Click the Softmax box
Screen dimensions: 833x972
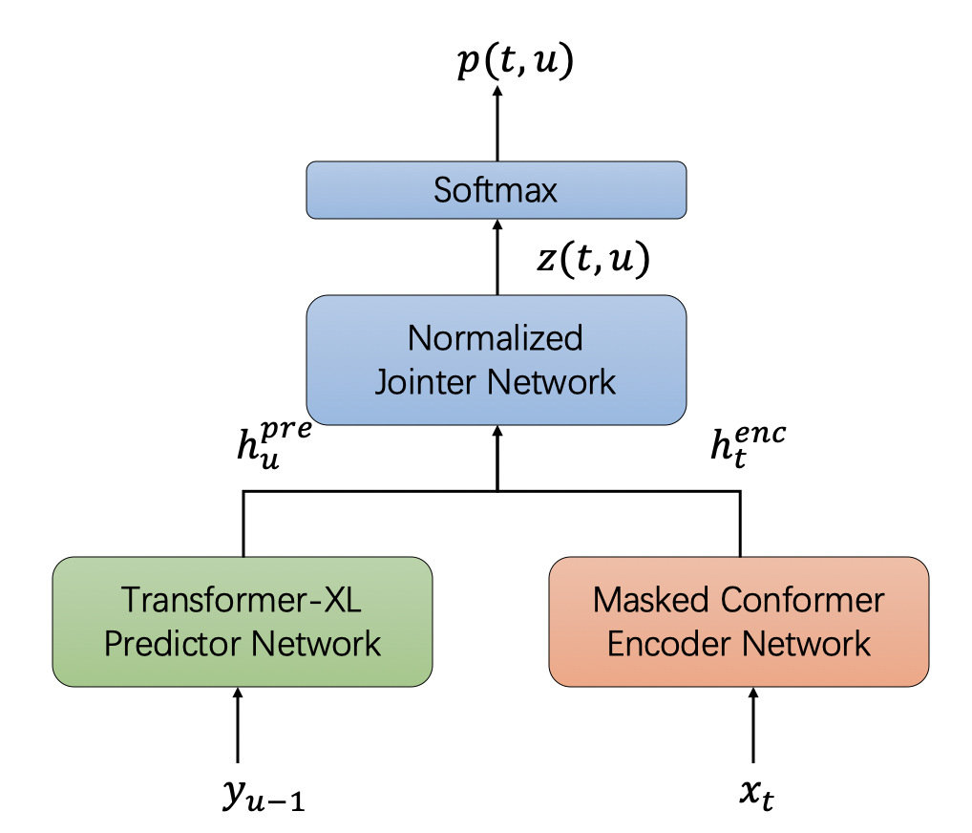coord(496,189)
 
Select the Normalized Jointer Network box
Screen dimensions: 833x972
coord(496,360)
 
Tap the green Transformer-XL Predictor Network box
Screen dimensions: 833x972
coord(243,621)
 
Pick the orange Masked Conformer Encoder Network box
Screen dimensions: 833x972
coord(739,621)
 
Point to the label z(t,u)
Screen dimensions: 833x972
coord(592,260)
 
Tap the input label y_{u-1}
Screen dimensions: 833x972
coord(264,794)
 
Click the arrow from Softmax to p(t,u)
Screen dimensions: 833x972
coord(497,124)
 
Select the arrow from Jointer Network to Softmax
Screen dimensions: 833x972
coord(497,256)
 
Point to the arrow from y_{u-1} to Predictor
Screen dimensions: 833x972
coord(238,726)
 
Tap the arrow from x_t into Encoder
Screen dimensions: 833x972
coord(754,726)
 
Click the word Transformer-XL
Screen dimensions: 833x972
coord(242,600)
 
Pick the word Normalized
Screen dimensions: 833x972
coord(496,338)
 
